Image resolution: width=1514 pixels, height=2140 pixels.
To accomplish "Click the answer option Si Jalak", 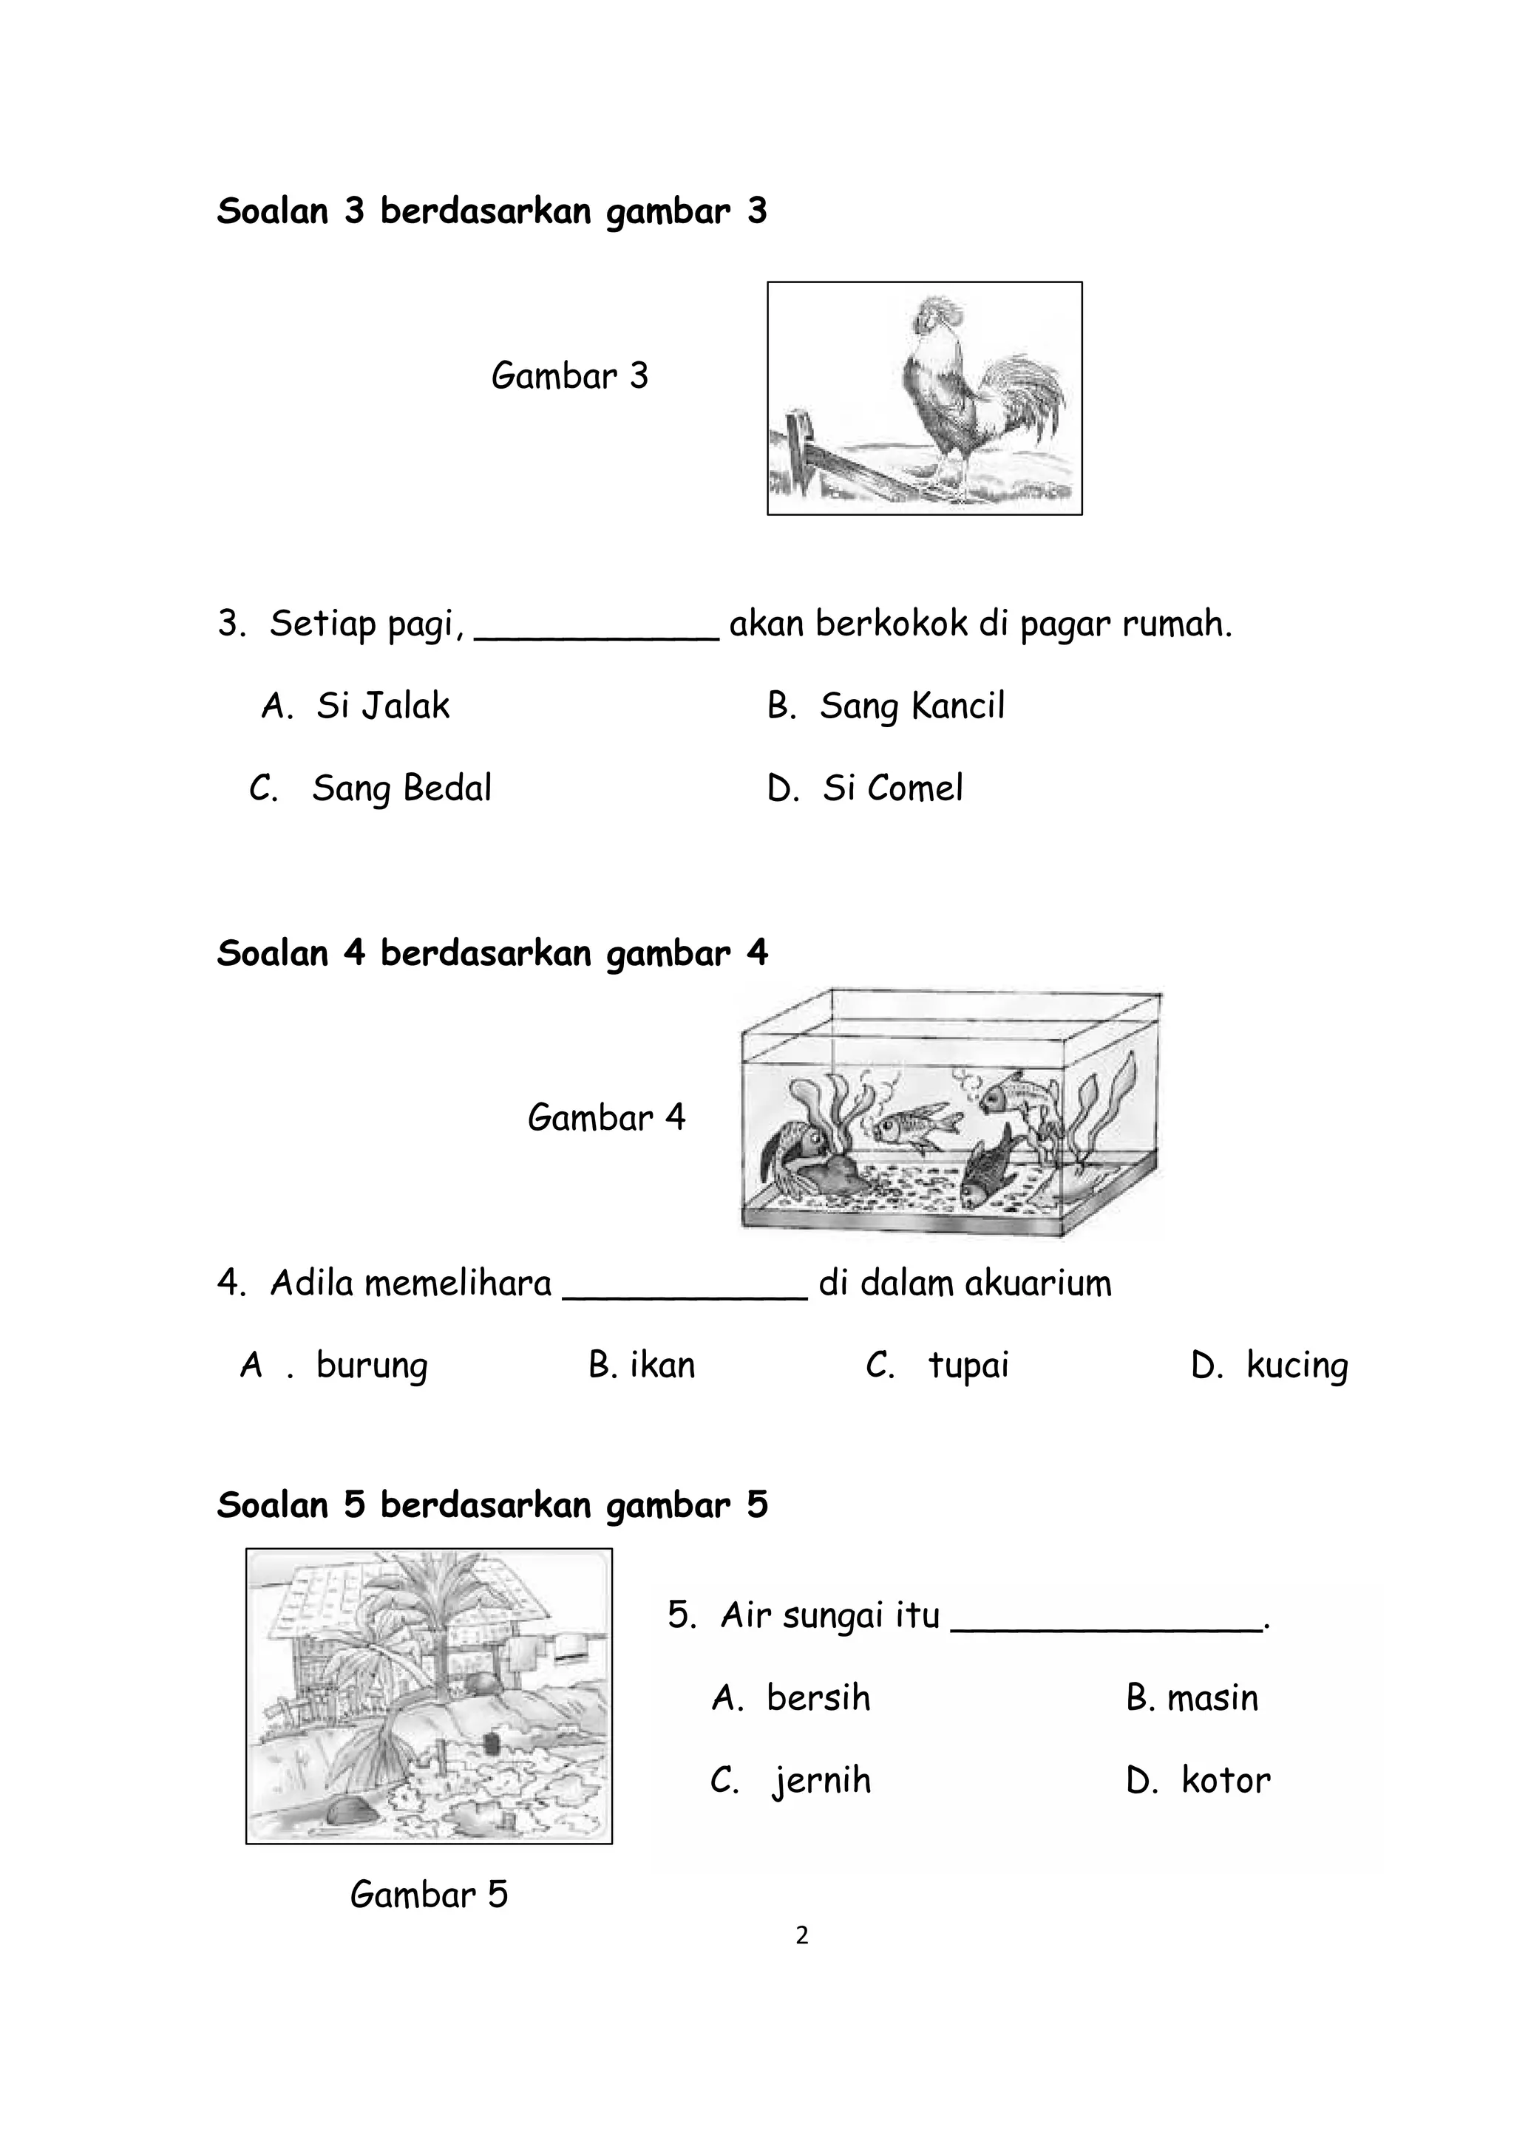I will point(382,706).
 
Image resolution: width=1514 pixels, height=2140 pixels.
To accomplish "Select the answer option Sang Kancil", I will point(911,706).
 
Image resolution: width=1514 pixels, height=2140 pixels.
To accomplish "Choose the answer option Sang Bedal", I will point(401,788).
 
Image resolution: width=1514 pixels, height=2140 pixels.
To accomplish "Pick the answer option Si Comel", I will point(892,788).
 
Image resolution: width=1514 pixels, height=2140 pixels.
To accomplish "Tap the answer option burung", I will point(371,1366).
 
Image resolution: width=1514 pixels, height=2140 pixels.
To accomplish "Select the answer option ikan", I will point(662,1366).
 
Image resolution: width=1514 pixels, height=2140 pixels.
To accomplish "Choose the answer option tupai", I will point(968,1366).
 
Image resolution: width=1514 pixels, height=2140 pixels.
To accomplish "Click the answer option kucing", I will point(1296,1366).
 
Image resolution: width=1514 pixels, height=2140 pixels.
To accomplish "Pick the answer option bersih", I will point(818,1698).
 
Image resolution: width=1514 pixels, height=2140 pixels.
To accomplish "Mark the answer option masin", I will point(1212,1698).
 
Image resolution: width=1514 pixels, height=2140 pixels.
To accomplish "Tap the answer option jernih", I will point(821,1781).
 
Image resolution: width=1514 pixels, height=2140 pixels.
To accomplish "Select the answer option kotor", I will point(1225,1781).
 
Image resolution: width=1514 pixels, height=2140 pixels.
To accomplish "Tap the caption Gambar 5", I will point(429,1894).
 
